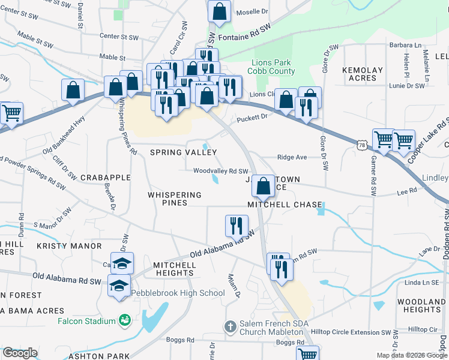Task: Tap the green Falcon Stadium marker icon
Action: pos(124,321)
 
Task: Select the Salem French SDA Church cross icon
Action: pos(229,327)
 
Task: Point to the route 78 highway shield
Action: pos(361,145)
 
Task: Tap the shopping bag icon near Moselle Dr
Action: pos(220,11)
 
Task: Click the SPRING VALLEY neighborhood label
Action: pos(182,152)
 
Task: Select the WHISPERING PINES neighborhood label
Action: pos(175,199)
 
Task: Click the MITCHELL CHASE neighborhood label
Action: pos(285,205)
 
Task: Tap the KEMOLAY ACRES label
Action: pos(363,74)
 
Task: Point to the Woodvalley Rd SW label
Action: pos(220,171)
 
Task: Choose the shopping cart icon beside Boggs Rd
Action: pos(307,354)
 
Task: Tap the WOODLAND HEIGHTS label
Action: pos(423,305)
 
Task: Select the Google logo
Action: pos(20,353)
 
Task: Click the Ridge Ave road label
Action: pos(292,157)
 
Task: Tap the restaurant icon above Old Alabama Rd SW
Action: pos(237,226)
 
